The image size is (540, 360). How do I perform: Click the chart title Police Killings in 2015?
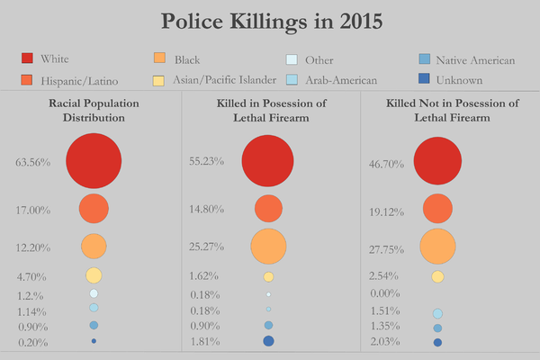[x=272, y=22]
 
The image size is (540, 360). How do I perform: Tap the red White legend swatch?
[x=27, y=58]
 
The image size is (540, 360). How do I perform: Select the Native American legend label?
[x=475, y=60]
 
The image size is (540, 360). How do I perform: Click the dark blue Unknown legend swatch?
[x=424, y=78]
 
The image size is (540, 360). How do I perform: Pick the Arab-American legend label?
[x=341, y=80]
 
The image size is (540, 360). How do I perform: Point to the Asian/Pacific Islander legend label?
[x=224, y=80]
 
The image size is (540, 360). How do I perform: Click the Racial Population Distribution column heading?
[x=94, y=110]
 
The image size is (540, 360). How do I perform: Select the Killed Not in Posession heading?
[x=452, y=110]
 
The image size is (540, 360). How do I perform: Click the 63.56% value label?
[x=33, y=162]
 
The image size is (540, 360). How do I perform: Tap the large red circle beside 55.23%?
[x=267, y=161]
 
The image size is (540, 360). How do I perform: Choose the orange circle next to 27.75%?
[x=437, y=247]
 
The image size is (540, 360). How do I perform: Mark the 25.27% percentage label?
[x=207, y=247]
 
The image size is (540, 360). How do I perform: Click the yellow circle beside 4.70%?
[x=94, y=275]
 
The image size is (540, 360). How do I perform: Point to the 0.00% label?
[x=385, y=293]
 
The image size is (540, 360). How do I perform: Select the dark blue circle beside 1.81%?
[x=268, y=341]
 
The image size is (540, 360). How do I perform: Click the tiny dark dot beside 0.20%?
[x=94, y=341]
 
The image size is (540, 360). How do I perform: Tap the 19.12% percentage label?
[x=386, y=211]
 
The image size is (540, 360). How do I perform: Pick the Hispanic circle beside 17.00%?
[x=94, y=209]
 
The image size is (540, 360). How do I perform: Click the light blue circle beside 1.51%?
[x=437, y=313]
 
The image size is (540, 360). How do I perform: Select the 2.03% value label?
[x=385, y=342]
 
